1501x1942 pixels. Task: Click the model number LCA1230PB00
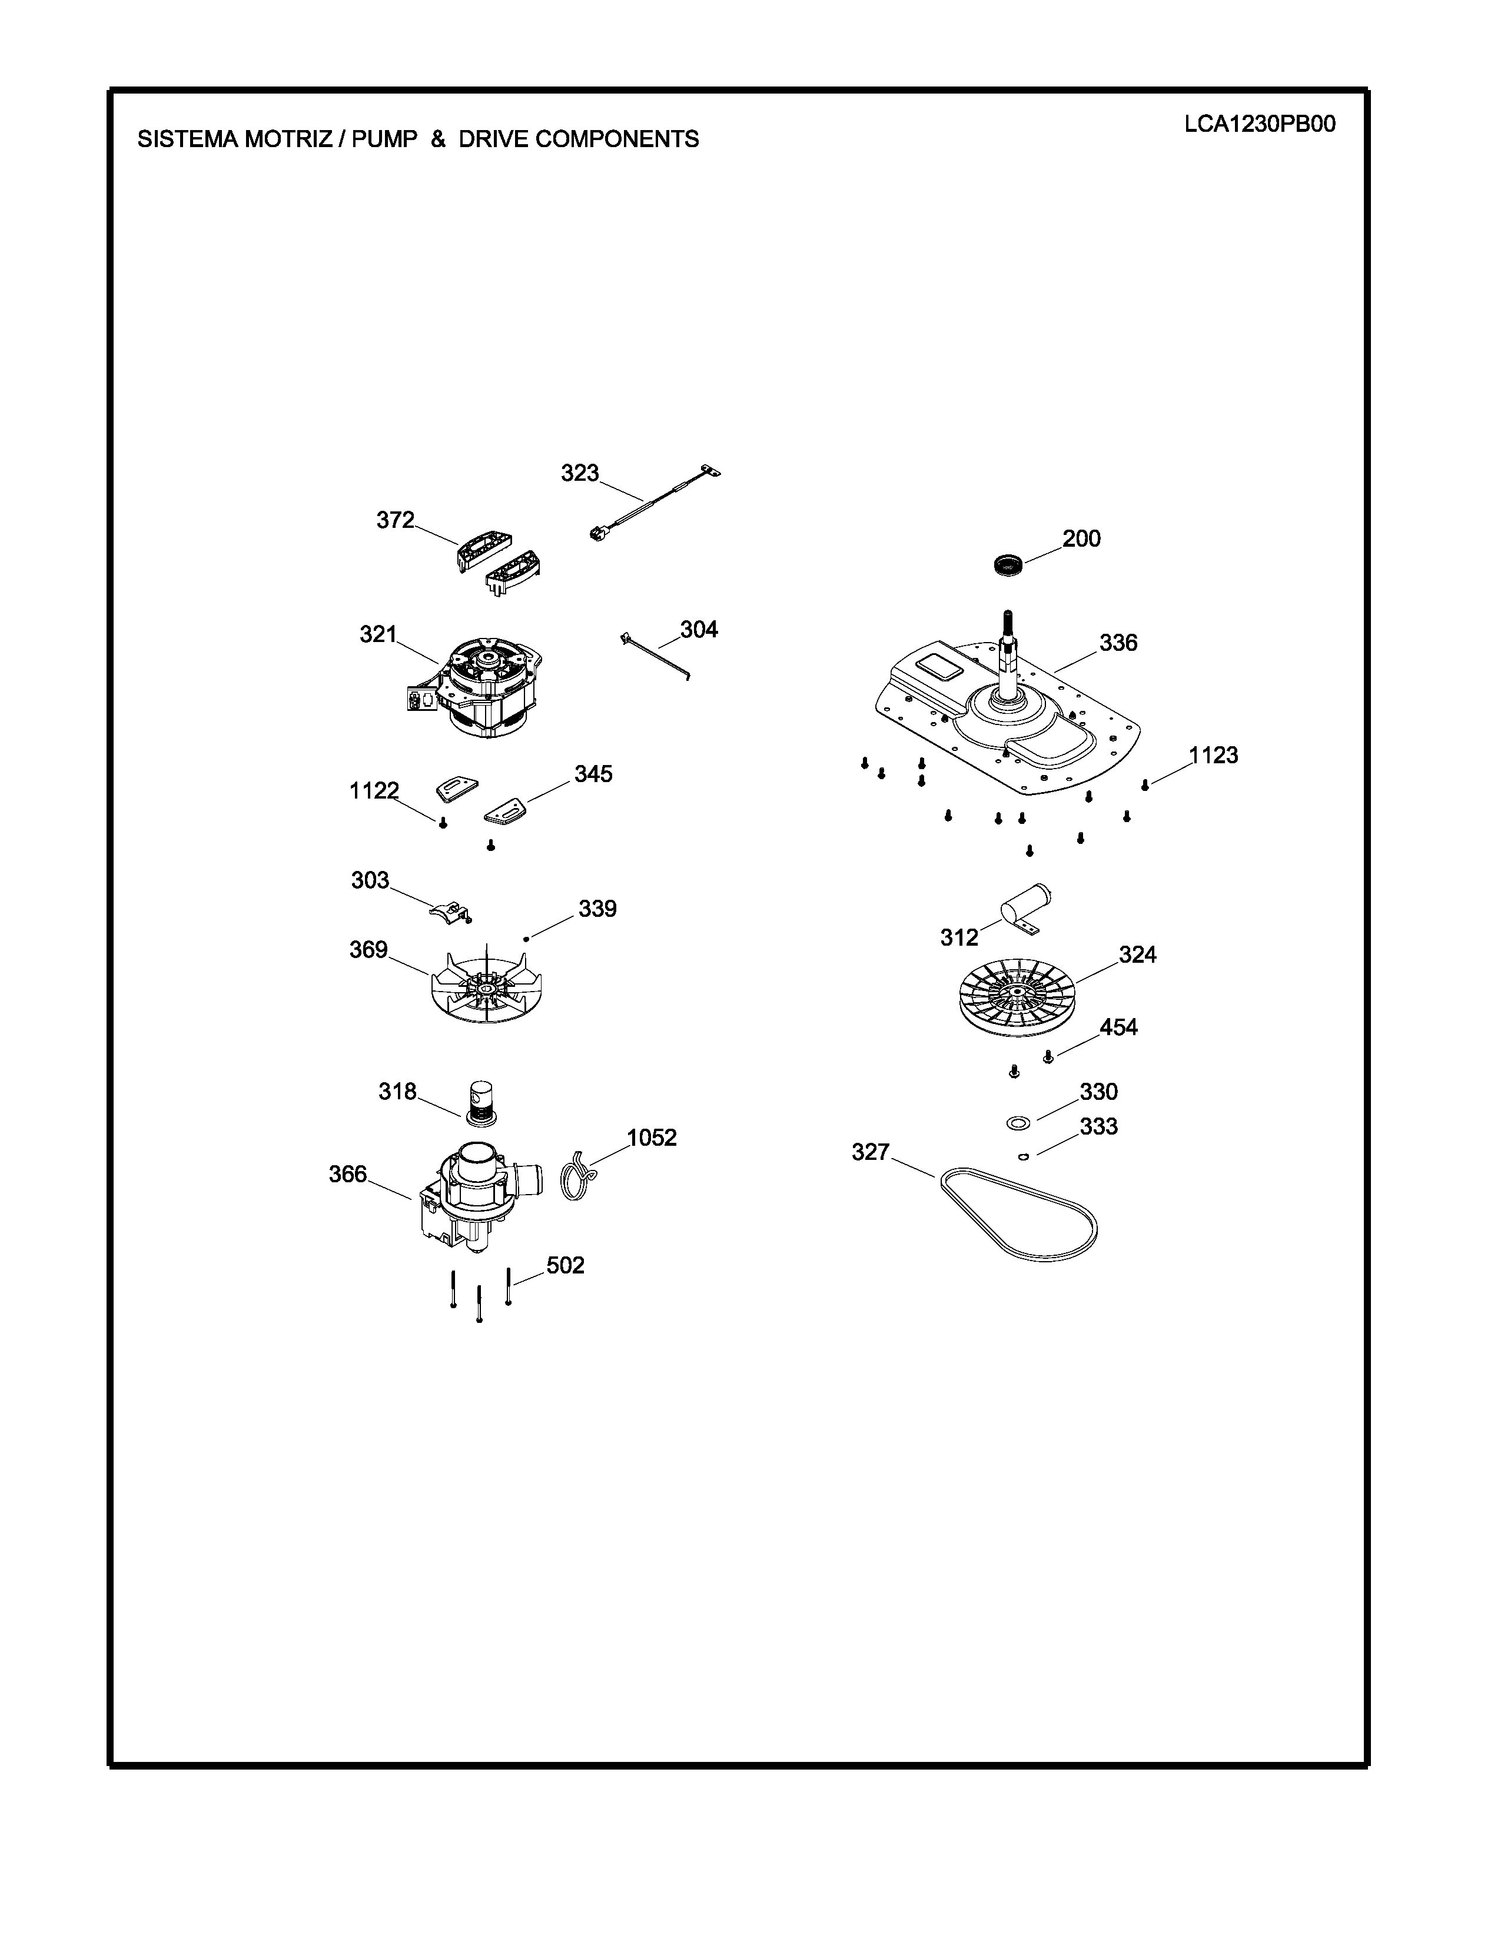[x=1259, y=125]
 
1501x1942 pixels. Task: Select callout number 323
[x=580, y=473]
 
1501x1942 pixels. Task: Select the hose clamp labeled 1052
[x=579, y=1176]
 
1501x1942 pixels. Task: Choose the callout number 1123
[x=1213, y=755]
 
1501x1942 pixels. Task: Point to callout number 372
[x=396, y=520]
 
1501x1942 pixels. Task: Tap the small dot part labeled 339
[x=527, y=938]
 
